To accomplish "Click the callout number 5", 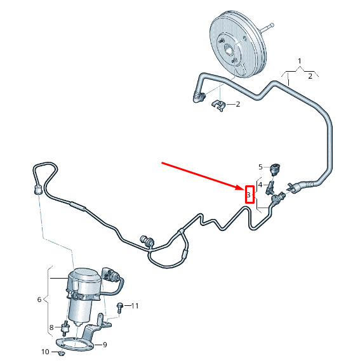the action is (260, 167).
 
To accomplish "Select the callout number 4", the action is (260, 185).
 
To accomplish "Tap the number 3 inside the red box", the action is (249, 195).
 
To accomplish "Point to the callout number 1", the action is (300, 61).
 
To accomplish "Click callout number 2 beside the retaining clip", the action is (238, 105).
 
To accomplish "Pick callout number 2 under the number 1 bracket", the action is (310, 76).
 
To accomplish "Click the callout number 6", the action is (39, 300).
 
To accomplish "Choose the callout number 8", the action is (51, 327).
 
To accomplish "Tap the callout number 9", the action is (105, 345).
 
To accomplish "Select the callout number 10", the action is (45, 352).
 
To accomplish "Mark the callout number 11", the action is (135, 306).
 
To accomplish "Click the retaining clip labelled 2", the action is (218, 105).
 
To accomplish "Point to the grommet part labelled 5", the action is (275, 168).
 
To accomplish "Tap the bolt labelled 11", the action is (120, 308).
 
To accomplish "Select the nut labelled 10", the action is (61, 353).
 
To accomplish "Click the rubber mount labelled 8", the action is (65, 328).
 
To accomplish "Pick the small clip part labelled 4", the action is (270, 187).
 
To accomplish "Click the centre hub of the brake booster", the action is (229, 50).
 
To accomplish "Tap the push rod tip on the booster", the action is (272, 24).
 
